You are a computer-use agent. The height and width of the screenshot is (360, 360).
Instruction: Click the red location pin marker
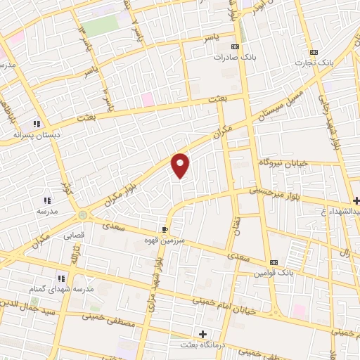(181, 165)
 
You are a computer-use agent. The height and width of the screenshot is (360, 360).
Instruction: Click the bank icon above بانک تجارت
(314, 51)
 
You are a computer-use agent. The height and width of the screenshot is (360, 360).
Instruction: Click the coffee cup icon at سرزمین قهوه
(165, 229)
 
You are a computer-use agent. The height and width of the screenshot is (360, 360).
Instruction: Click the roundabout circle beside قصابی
(83, 214)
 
